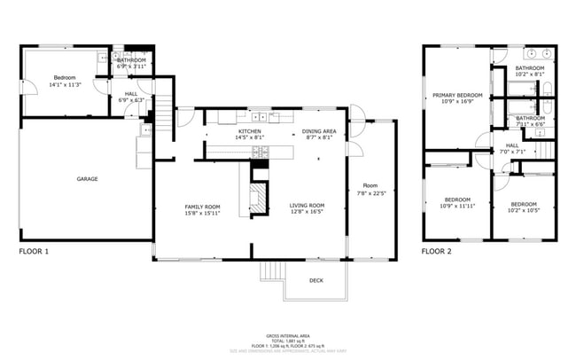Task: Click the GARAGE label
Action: (x=87, y=179)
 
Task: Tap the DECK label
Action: (x=315, y=280)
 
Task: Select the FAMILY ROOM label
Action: (x=202, y=206)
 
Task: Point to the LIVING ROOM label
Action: (x=307, y=206)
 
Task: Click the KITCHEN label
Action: (x=249, y=131)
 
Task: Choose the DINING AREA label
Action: (x=318, y=131)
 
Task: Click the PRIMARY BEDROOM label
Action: (x=457, y=95)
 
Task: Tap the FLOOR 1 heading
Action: (x=34, y=252)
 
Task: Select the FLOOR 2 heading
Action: (x=436, y=252)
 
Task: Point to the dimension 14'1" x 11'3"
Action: (x=66, y=85)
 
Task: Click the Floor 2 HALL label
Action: (x=513, y=145)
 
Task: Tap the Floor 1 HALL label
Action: (x=131, y=93)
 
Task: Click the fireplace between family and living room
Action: (x=257, y=197)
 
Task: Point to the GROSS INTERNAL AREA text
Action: (x=288, y=334)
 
